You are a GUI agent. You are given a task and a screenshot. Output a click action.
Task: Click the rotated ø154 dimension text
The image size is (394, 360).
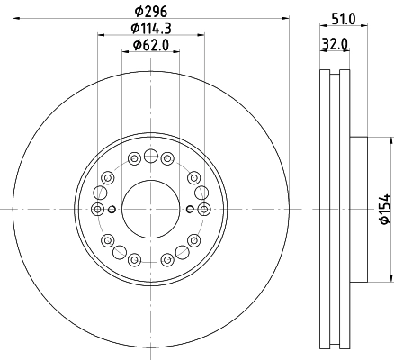tap(384, 209)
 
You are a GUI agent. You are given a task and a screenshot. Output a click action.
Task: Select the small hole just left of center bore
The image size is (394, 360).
tap(112, 210)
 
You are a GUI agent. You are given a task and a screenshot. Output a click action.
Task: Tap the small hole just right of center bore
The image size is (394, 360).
tap(190, 210)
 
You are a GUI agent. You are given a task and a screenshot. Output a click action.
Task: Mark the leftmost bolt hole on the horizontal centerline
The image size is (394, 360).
tap(98, 210)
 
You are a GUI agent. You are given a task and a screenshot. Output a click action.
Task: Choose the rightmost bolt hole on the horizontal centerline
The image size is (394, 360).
tap(204, 210)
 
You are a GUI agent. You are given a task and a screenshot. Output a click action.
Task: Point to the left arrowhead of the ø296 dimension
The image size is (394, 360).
tap(17, 17)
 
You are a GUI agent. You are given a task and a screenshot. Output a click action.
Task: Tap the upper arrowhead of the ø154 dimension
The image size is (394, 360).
tap(390, 140)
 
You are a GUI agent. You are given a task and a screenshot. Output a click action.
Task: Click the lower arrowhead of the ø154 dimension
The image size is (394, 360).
tap(390, 278)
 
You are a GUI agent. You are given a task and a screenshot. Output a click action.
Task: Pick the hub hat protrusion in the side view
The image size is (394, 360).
tap(359, 210)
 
